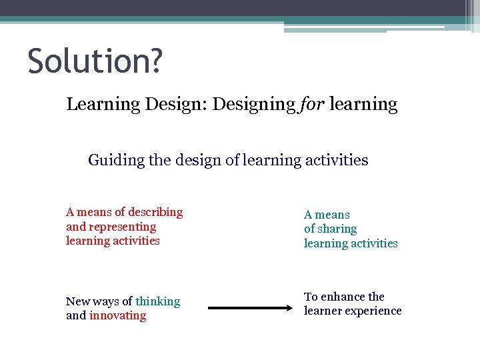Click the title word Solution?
click(95, 61)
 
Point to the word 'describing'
click(155, 212)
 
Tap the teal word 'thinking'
click(157, 301)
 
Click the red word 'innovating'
click(117, 315)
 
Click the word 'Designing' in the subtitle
click(253, 105)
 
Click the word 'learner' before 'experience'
click(323, 311)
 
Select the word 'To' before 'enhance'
click(311, 297)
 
